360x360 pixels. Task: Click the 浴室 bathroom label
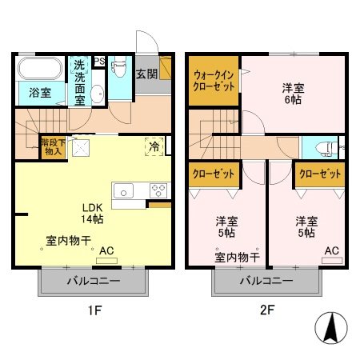tap(40, 93)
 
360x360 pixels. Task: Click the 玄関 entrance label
tap(146, 74)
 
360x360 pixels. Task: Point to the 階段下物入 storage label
tap(53, 147)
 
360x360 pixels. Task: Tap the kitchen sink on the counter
tap(125, 190)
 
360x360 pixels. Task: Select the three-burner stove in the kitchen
tap(158, 190)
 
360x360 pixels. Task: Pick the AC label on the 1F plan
tap(106, 250)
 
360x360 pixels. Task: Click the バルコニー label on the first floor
tap(93, 282)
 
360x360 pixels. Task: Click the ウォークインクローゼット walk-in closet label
tap(214, 82)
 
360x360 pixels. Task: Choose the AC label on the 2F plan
tap(331, 250)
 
